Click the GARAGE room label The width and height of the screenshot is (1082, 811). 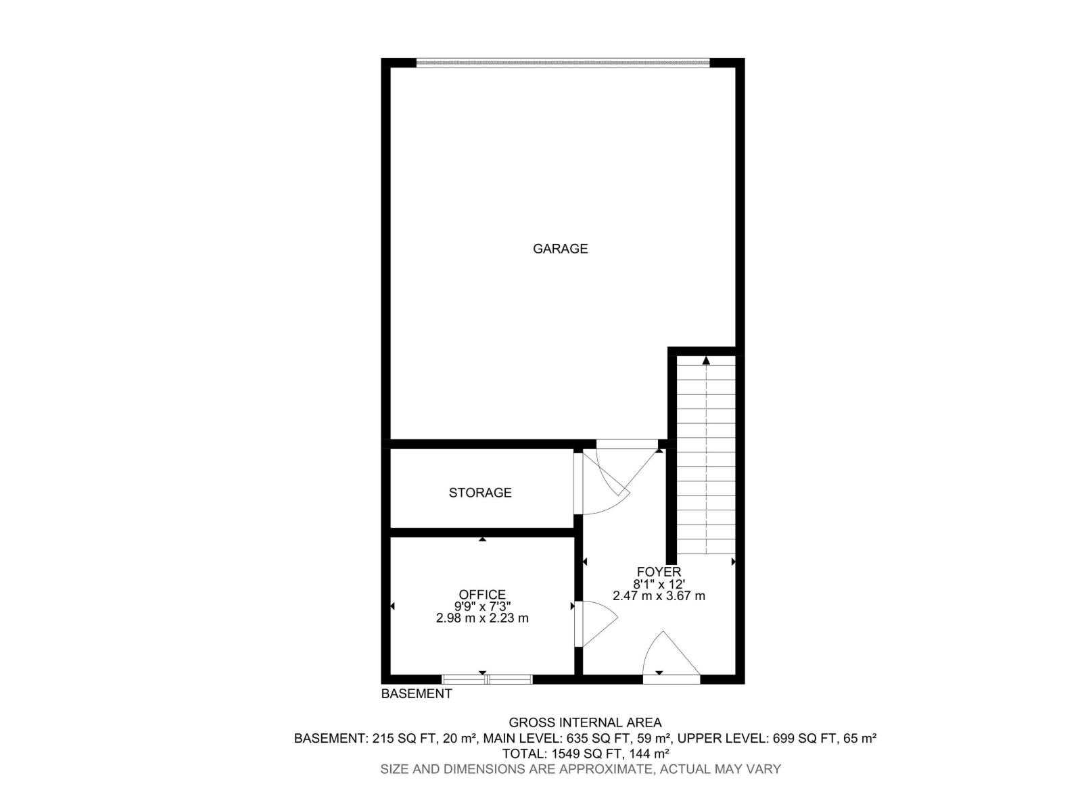click(560, 249)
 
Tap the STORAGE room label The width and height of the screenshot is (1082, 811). click(480, 493)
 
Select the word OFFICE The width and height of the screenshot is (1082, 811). click(482, 595)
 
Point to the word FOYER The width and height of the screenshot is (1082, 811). click(659, 572)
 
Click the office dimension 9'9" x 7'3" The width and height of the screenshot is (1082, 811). click(482, 606)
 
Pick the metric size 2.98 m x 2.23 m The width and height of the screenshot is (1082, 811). click(482, 618)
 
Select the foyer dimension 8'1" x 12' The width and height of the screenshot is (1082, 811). click(659, 584)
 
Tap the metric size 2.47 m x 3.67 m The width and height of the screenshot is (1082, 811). click(659, 595)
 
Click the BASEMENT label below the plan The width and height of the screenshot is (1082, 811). click(417, 693)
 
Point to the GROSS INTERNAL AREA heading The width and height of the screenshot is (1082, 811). click(585, 722)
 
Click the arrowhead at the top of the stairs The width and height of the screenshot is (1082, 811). click(706, 361)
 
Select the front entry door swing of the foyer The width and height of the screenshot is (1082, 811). click(666, 654)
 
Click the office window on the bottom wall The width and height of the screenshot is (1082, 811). click(487, 679)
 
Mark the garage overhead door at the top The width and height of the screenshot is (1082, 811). click(563, 63)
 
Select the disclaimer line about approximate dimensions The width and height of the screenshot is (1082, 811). click(580, 769)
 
